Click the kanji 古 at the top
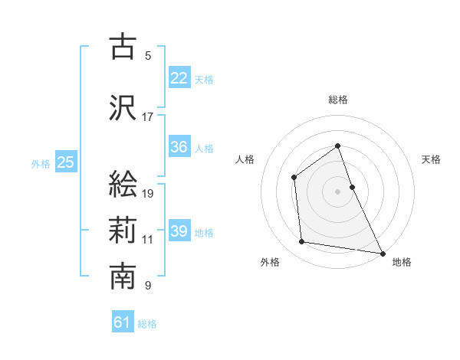coord(123,47)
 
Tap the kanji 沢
coord(123,108)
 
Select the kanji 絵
coord(123,185)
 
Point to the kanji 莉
coord(123,231)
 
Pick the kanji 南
coord(123,277)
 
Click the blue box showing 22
coord(179,77)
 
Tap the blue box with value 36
coord(179,147)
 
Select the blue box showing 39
coord(179,231)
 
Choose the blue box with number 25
coord(65,162)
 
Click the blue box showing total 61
coord(123,322)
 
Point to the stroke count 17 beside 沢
coord(148,117)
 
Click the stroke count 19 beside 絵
coord(148,194)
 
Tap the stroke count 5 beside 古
coord(148,56)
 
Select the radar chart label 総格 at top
coord(337,100)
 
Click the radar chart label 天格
coord(431,159)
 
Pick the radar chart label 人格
coord(245,159)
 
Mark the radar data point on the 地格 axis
coord(383,253)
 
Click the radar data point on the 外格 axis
coord(302,243)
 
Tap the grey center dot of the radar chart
coord(337,191)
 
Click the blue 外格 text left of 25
coord(40,163)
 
